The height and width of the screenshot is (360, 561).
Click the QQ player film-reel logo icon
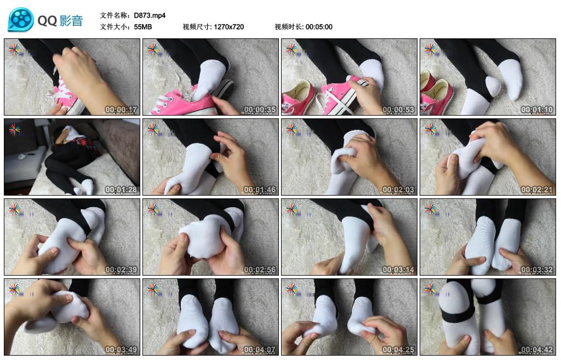(x=21, y=20)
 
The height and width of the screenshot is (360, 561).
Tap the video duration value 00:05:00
(x=319, y=27)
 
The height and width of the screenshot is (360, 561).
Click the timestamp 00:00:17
(x=121, y=110)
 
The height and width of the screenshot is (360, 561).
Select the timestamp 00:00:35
(x=260, y=110)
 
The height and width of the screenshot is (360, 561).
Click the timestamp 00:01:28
(x=121, y=190)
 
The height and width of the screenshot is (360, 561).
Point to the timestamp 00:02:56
(x=260, y=270)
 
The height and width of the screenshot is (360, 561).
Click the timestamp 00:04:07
(x=260, y=350)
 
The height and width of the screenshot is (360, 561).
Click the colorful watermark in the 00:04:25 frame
(x=291, y=289)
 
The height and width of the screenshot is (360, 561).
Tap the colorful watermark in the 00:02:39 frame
(x=14, y=209)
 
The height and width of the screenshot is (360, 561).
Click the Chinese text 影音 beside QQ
(x=70, y=21)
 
